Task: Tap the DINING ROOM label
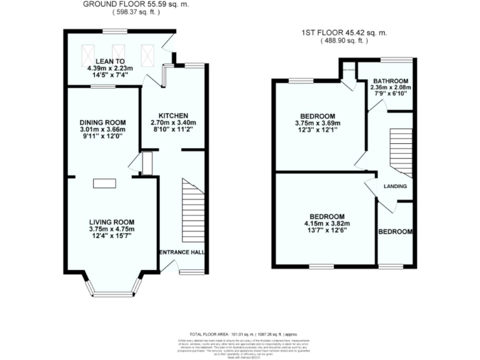click(103, 122)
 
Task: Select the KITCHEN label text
click(173, 116)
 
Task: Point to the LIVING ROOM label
click(112, 222)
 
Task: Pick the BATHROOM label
click(391, 81)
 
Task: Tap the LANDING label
click(395, 186)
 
